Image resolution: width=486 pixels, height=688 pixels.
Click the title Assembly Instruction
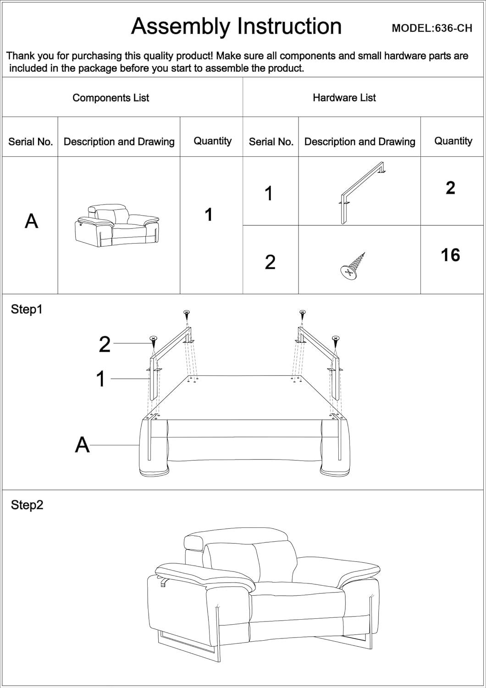236,26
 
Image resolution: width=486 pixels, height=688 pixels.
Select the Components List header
110,98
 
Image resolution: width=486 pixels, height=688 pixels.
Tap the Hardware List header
344,98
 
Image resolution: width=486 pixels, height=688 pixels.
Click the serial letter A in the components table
31,221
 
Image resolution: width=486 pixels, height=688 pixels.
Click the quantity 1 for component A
209,215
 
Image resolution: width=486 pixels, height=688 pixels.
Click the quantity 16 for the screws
450,255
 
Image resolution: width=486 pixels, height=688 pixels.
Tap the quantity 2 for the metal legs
450,188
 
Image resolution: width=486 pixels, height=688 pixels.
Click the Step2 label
27,505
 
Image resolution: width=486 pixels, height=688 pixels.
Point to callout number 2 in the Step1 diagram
105,344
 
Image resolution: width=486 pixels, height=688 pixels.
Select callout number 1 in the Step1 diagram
101,379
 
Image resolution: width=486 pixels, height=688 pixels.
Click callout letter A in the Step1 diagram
82,445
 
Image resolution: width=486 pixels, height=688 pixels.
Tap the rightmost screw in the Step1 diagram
336,339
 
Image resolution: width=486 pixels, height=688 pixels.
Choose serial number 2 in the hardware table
270,262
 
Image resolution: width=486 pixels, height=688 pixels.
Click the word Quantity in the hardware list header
453,141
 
